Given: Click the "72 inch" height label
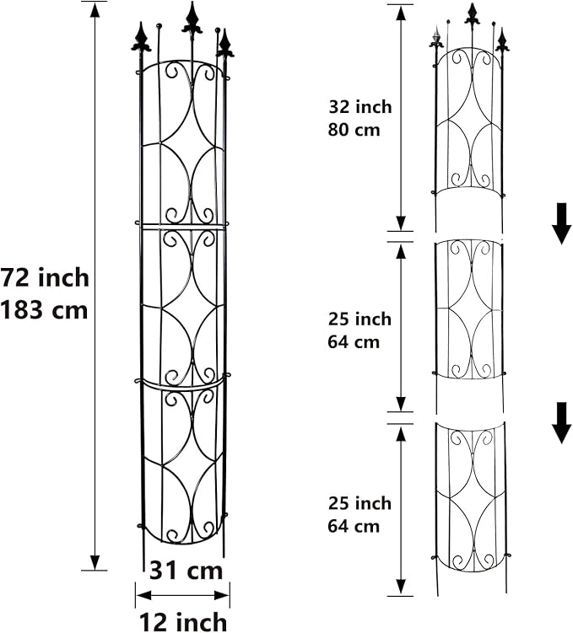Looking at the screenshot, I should pos(44,277).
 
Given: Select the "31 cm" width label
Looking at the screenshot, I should pos(186,570).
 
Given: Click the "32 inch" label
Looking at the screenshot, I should pos(360,107).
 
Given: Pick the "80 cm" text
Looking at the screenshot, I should pos(354,130).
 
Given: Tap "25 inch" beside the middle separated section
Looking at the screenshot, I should pos(360,319).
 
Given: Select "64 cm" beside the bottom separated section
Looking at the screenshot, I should pos(354,527).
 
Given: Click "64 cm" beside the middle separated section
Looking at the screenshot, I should pos(354,342).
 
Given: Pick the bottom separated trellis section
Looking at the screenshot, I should pos(469,497).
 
